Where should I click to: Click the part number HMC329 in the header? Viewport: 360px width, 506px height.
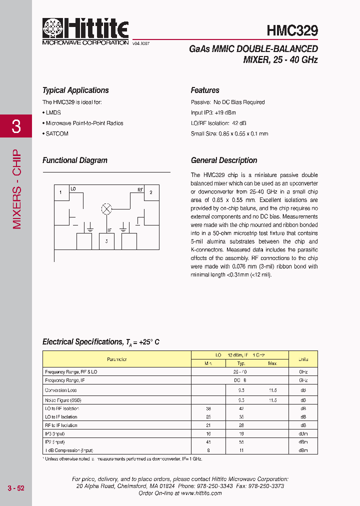[292, 31]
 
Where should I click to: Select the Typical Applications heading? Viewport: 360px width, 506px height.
[75, 90]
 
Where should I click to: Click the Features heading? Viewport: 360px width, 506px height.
[205, 90]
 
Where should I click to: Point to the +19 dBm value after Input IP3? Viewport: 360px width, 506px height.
[226, 112]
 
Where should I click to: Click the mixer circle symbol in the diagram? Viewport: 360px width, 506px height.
[106, 209]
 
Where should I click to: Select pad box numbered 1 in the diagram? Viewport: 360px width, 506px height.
[60, 192]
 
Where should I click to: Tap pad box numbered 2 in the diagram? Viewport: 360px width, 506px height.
[151, 192]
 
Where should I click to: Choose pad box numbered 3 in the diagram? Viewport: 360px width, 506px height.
[106, 241]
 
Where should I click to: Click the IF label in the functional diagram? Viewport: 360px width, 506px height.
[109, 230]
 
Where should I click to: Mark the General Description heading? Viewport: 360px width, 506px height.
[224, 160]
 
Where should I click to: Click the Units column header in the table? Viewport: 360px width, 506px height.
[303, 359]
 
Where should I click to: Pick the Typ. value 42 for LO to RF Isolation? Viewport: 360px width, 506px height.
[241, 408]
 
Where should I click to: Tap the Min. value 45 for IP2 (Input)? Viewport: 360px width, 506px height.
[208, 442]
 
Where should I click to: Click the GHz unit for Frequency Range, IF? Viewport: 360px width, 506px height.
[303, 380]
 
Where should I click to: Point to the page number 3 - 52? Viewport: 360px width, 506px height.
[16, 488]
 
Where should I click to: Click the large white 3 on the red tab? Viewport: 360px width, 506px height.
[16, 126]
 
